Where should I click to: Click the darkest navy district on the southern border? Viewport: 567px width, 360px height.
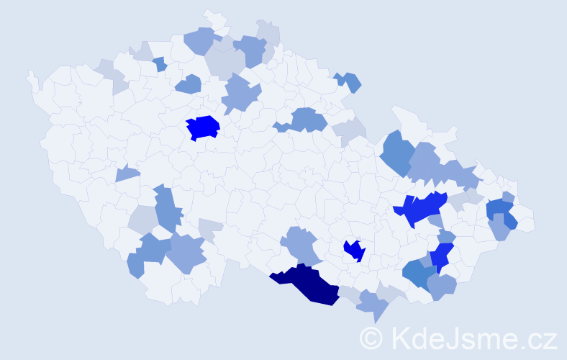point(306,282)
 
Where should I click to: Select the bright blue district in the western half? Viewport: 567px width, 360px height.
point(203,127)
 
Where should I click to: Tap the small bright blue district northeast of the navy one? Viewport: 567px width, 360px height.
point(354,250)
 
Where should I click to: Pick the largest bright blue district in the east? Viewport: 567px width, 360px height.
point(421,208)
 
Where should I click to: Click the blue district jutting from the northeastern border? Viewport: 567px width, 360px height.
point(349,81)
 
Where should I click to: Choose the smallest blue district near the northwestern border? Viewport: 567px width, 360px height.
point(160,63)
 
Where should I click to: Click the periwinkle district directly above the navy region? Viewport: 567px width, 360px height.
point(301,243)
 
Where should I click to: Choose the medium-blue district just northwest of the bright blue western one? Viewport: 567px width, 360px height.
point(189,84)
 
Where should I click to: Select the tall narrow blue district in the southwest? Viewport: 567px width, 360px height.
point(167,209)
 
